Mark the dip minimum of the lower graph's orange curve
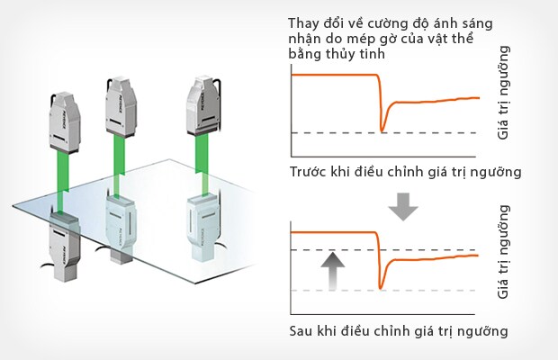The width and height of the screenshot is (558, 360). pyautogui.click(x=382, y=287)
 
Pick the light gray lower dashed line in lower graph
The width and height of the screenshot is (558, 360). pyautogui.click(x=423, y=291)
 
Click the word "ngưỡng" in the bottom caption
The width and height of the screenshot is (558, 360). pyautogui.click(x=484, y=330)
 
